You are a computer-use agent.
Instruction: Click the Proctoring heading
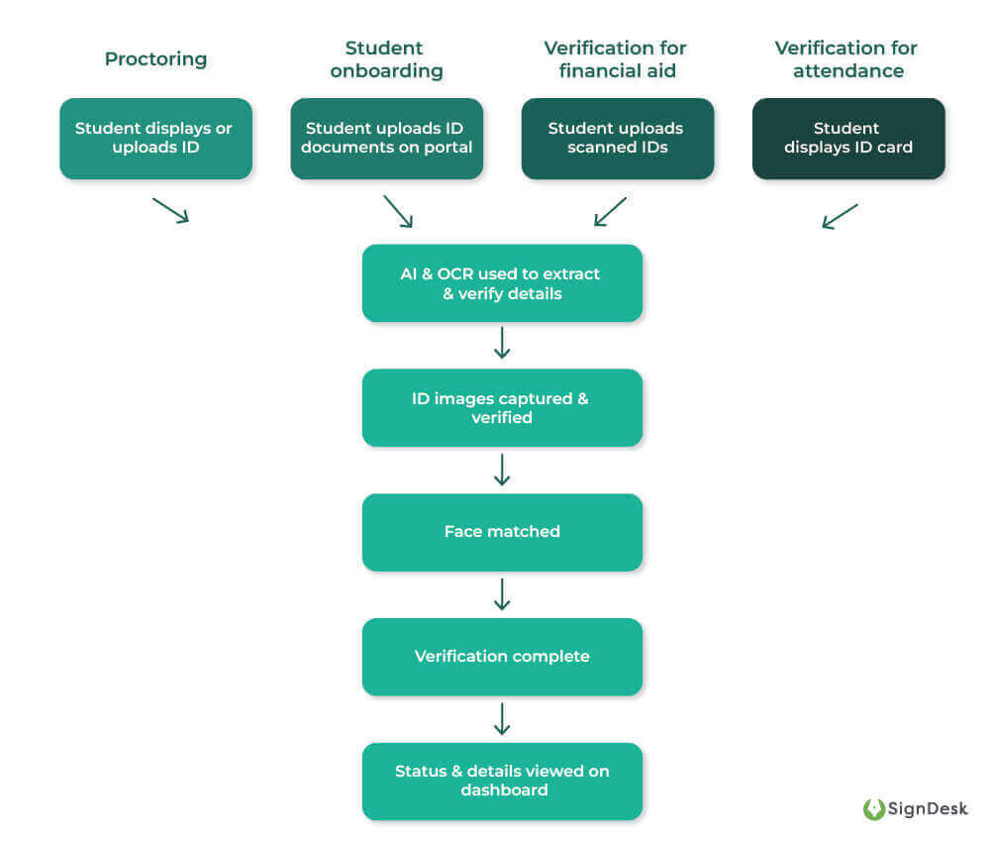(x=155, y=58)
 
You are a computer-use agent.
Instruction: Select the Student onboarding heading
(x=386, y=59)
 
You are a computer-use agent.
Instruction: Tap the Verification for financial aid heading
(x=616, y=59)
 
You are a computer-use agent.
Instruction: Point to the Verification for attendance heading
(x=846, y=59)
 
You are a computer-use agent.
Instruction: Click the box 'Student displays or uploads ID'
(x=155, y=139)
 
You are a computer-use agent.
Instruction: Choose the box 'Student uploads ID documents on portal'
(x=386, y=139)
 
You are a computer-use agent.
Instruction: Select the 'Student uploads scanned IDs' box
(x=617, y=139)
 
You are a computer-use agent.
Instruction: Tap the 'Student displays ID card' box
(x=847, y=139)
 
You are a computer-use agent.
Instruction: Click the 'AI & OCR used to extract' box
(x=502, y=283)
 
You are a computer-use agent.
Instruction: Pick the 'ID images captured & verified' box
(x=502, y=408)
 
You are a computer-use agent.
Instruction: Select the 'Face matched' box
(x=502, y=532)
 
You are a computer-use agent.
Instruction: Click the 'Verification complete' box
(x=502, y=657)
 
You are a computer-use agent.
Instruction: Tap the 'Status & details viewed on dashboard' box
(x=502, y=781)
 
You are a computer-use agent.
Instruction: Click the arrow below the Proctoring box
(x=170, y=210)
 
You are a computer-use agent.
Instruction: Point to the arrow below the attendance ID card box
(x=840, y=216)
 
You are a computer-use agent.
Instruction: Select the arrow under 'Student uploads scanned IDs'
(x=610, y=211)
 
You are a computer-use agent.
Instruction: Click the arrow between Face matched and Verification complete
(x=502, y=594)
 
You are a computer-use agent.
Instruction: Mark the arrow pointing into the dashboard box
(x=502, y=719)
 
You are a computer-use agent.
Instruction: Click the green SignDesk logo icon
(x=874, y=809)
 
